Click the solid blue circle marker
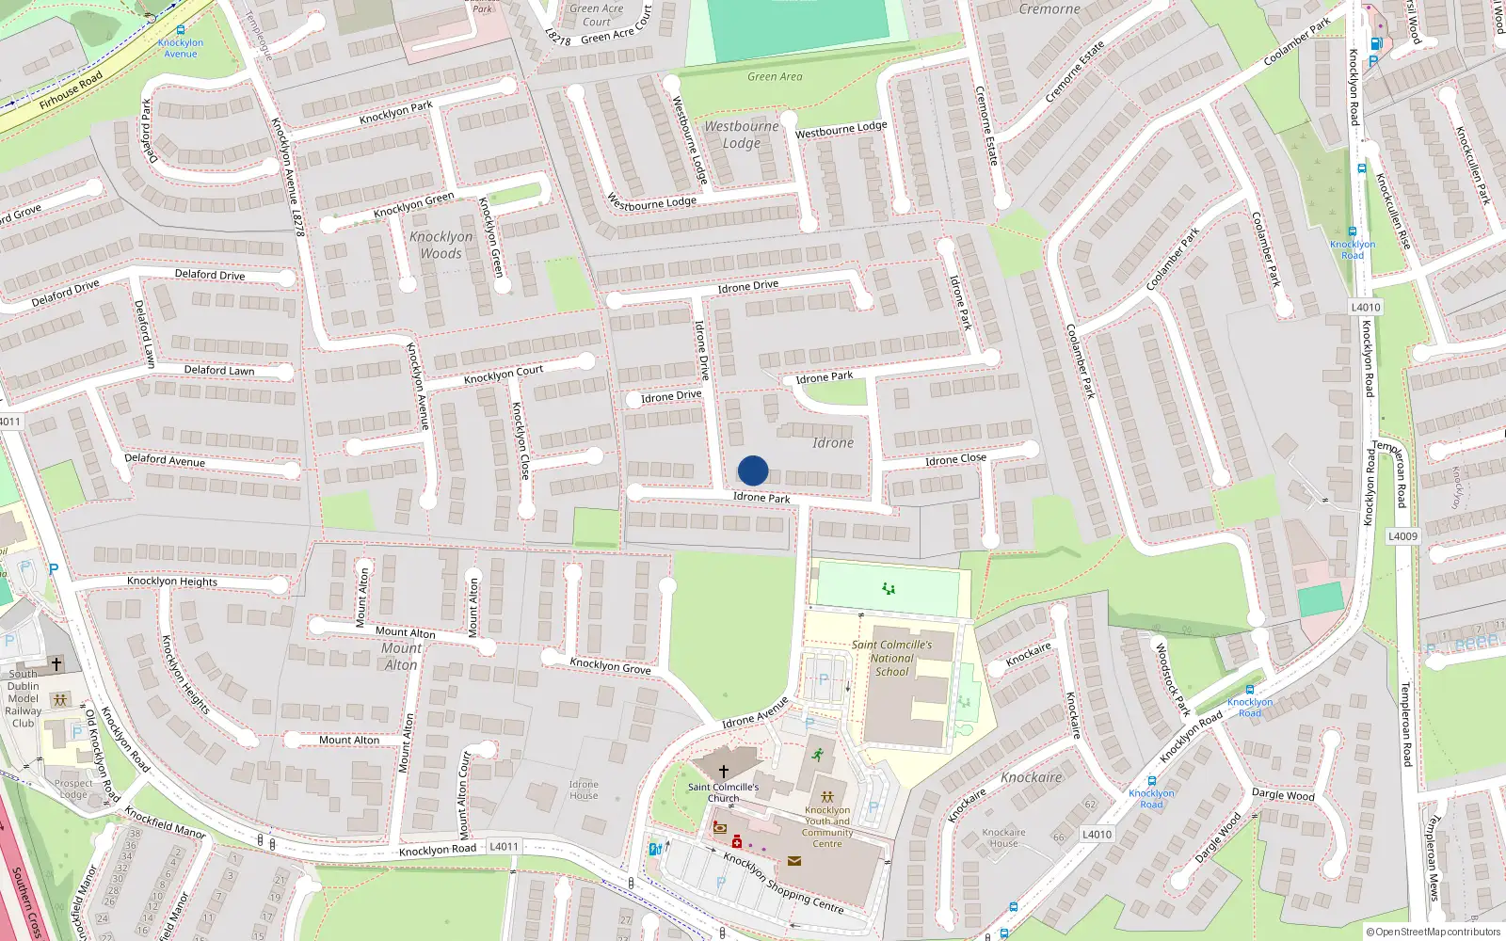point(753,470)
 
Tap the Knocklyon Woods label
point(441,245)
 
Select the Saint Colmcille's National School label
point(891,658)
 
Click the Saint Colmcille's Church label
point(723,792)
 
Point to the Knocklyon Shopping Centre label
point(783,882)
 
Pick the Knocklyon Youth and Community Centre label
point(827,826)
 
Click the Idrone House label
point(584,789)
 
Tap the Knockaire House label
point(1003,837)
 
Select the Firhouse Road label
point(72,90)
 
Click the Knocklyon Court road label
point(504,375)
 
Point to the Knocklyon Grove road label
point(610,665)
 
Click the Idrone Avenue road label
point(755,713)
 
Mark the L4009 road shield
point(1402,536)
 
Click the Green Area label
point(775,76)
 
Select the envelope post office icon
point(794,860)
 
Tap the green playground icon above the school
point(888,589)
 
